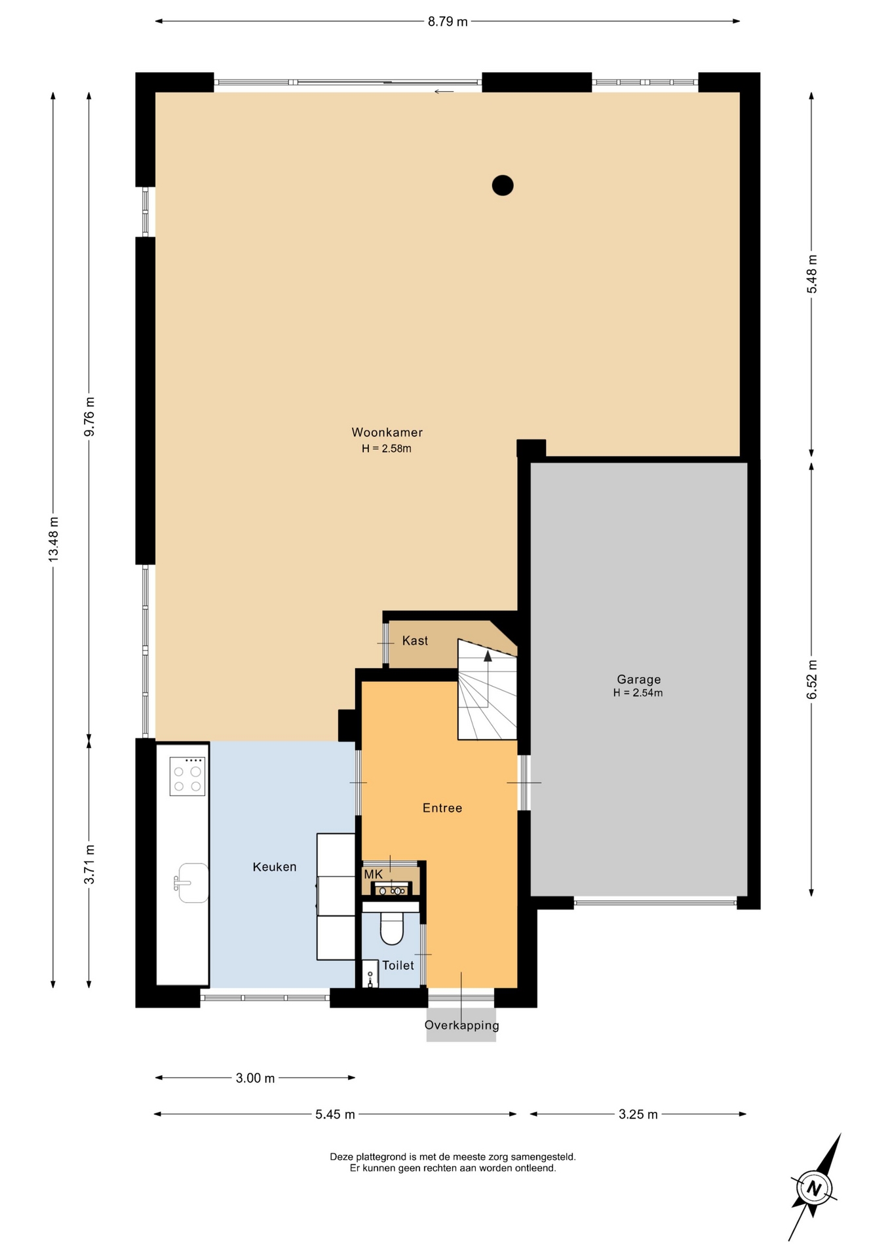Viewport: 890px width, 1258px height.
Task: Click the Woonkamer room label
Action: pos(387,432)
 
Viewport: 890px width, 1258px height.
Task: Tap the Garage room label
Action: pos(638,679)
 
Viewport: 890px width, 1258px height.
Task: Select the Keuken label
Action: pos(275,867)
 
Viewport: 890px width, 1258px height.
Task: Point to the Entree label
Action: pos(442,808)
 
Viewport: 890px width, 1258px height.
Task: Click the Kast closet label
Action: pos(415,641)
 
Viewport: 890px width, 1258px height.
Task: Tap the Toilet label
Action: pos(398,965)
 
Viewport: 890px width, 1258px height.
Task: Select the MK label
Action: pos(373,875)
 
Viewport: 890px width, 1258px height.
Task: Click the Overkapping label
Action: pos(461,1025)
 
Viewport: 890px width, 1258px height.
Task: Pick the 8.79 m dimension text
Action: pos(448,21)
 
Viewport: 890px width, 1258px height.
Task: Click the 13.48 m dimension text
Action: pos(53,539)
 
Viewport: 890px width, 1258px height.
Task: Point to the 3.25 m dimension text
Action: pos(638,1114)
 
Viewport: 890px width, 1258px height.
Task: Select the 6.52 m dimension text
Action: pos(812,678)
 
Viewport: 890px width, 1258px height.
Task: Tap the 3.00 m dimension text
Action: pos(255,1078)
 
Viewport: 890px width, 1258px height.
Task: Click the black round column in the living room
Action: pos(503,185)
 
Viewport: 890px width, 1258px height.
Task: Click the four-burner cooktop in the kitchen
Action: pos(187,776)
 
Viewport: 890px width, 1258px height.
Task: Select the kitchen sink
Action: pos(191,883)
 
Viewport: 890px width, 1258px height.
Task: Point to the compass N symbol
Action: pos(814,1187)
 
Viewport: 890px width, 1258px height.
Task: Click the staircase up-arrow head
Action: pos(488,656)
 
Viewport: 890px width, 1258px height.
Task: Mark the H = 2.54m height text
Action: pos(638,693)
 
